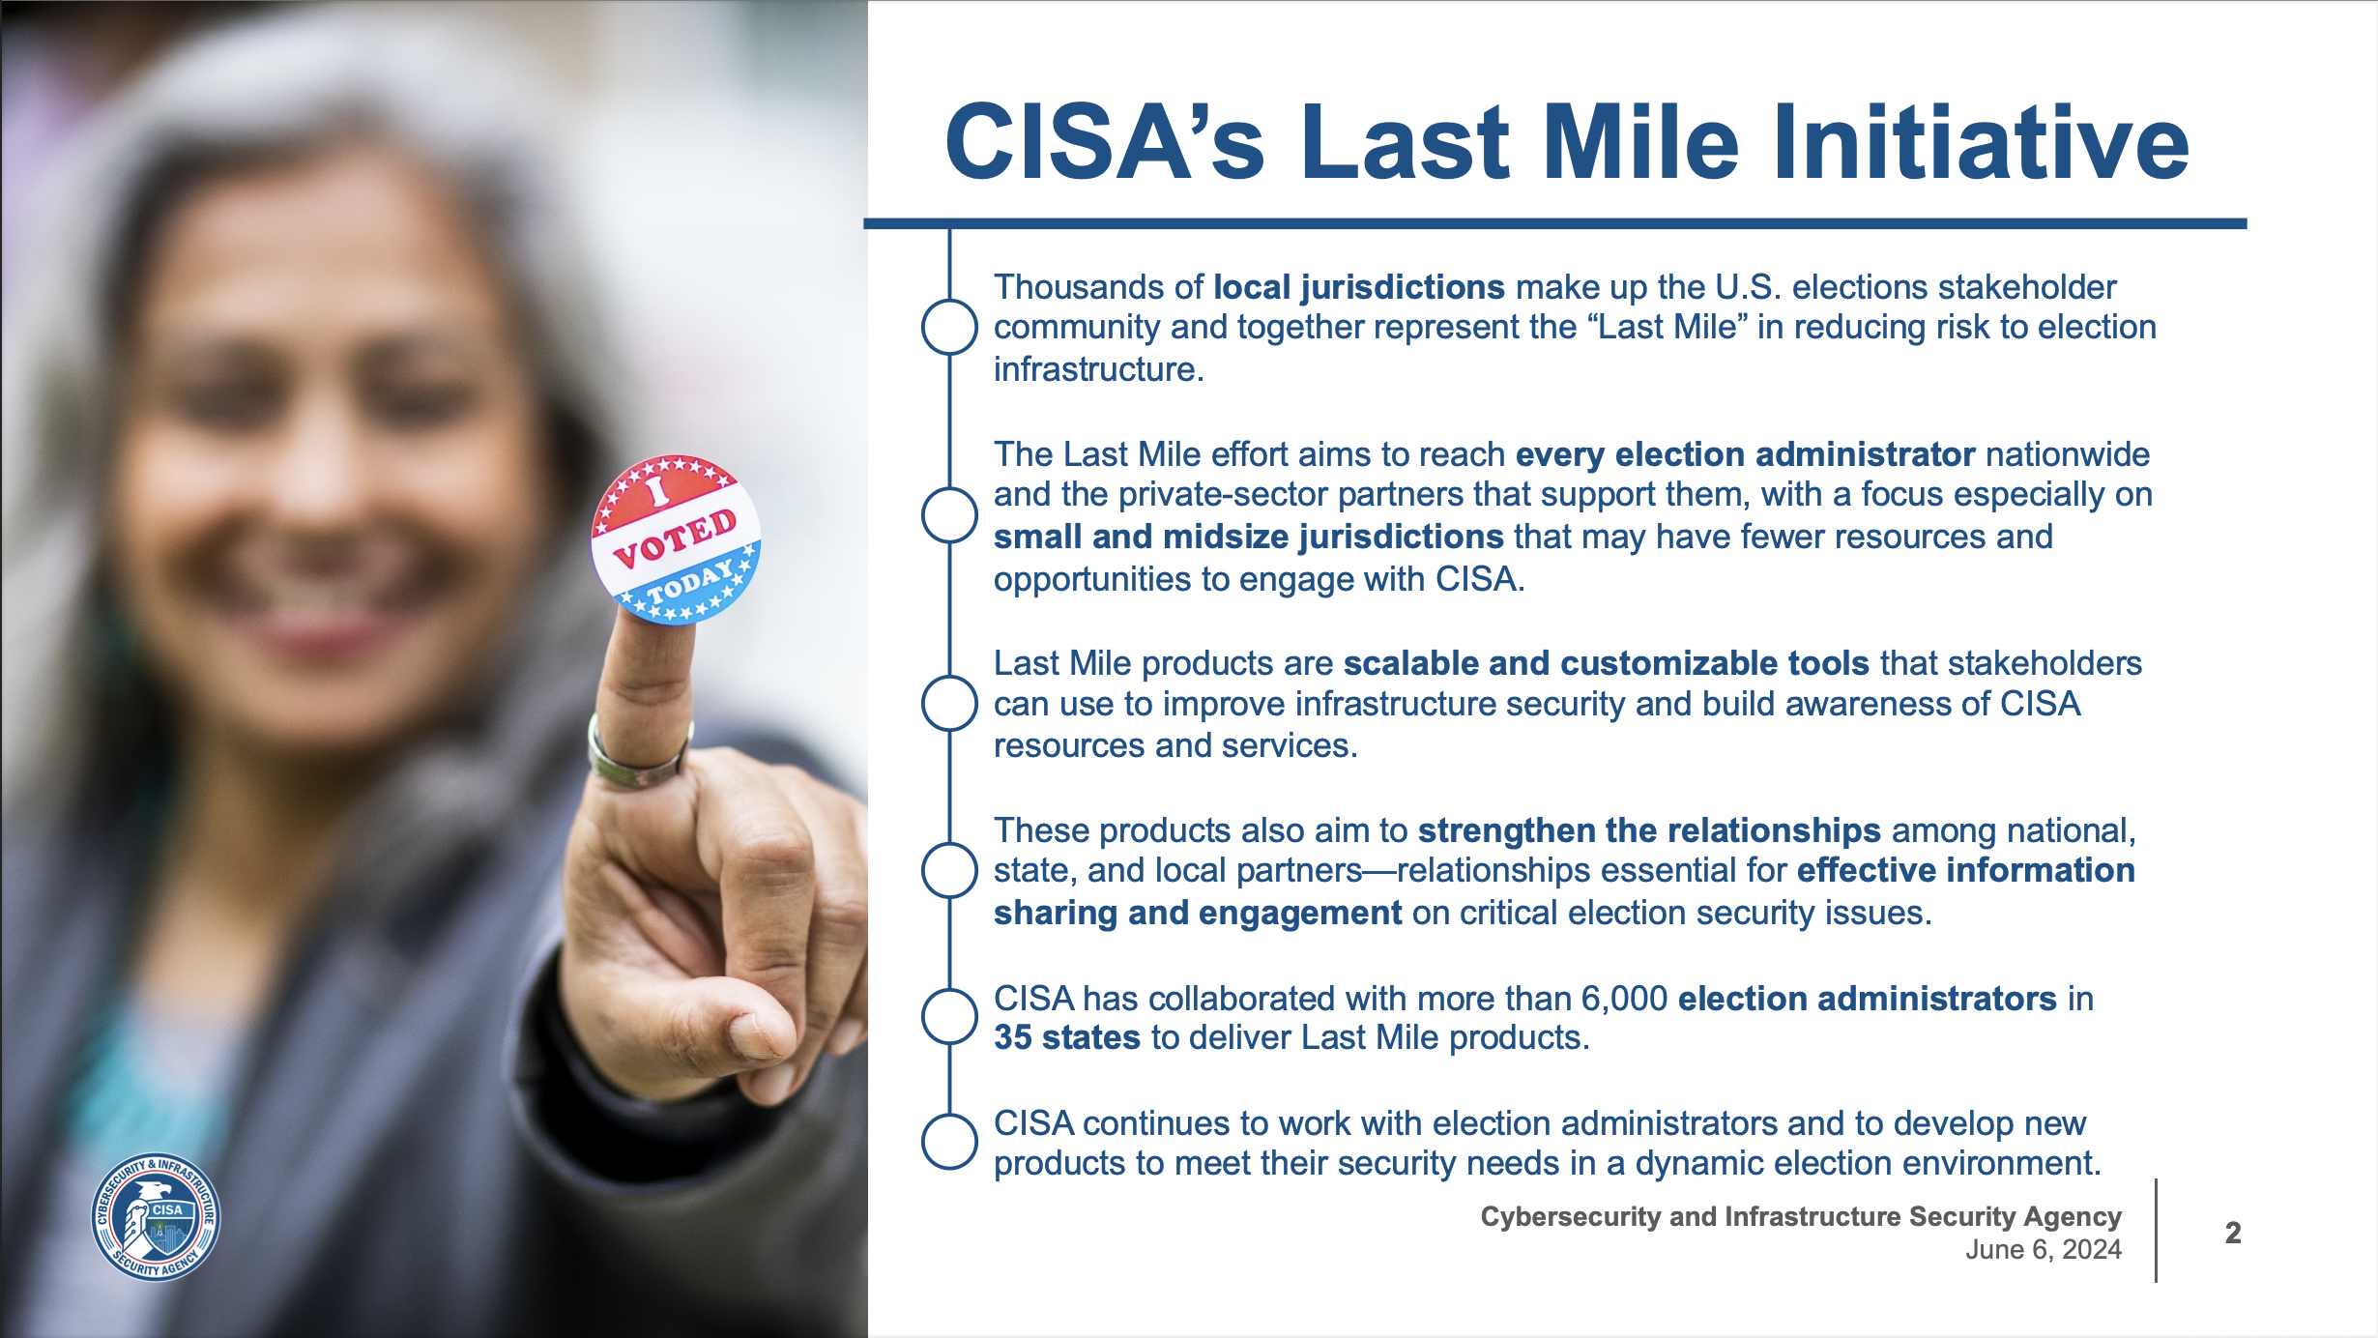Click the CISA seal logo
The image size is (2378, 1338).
pyautogui.click(x=156, y=1217)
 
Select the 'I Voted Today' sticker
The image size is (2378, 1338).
pyautogui.click(x=676, y=539)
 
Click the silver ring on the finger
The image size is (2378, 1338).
pyautogui.click(x=638, y=759)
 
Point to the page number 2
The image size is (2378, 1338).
pyautogui.click(x=2233, y=1233)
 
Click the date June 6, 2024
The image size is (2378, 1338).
pyautogui.click(x=2043, y=1250)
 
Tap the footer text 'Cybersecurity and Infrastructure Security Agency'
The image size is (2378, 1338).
pyautogui.click(x=1800, y=1216)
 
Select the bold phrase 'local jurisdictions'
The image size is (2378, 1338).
pyautogui.click(x=1358, y=287)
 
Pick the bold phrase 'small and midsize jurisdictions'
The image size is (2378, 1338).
pyautogui.click(x=1248, y=537)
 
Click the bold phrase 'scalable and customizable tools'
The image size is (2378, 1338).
pyautogui.click(x=1606, y=663)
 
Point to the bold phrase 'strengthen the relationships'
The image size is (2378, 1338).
pyautogui.click(x=1649, y=830)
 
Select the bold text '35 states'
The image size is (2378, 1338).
pyautogui.click(x=1066, y=1037)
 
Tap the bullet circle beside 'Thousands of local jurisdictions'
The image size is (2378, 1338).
pyautogui.click(x=949, y=327)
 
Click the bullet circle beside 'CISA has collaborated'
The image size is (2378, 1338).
pyautogui.click(x=949, y=1017)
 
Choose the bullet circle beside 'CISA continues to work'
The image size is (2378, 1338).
pyautogui.click(x=949, y=1142)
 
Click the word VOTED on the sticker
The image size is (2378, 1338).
pyautogui.click(x=675, y=538)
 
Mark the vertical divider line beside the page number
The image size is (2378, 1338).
pyautogui.click(x=2156, y=1231)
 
